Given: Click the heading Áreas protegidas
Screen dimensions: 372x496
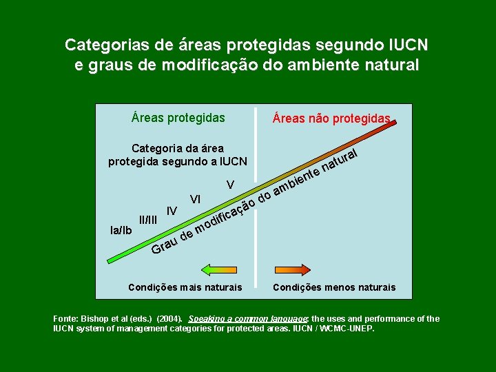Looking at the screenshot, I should (178, 118).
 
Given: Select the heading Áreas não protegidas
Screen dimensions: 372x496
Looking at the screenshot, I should (331, 118).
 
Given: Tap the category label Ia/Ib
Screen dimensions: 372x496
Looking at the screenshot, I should (121, 229).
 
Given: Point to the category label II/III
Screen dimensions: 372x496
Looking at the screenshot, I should (148, 220).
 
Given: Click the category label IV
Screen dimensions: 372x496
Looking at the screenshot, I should (172, 210).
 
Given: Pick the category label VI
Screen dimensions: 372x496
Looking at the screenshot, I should (196, 199).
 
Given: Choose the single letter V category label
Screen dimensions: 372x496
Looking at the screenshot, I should (231, 185).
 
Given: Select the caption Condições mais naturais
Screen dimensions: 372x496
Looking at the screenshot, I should (185, 287).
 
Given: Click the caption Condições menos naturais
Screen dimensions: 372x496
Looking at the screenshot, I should (334, 287).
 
